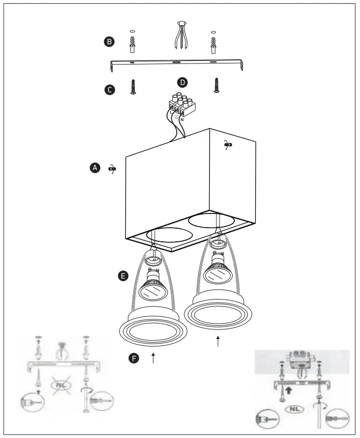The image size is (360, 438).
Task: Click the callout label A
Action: click(95, 168)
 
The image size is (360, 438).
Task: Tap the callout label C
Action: click(109, 90)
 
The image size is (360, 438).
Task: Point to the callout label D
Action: click(182, 82)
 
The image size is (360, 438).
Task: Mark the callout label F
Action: click(135, 359)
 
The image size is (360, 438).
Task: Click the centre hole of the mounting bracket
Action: click(175, 63)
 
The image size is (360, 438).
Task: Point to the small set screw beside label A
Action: click(112, 169)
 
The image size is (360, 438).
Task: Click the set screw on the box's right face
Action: click(227, 144)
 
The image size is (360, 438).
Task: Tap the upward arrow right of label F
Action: click(152, 359)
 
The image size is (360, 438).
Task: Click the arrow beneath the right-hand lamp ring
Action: click(218, 341)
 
